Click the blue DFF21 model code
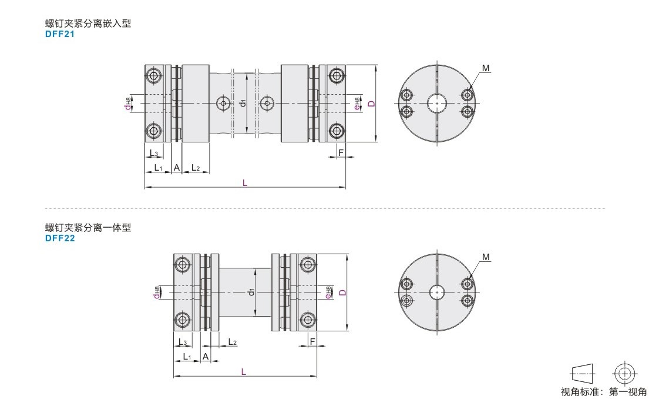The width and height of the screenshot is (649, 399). coord(60,34)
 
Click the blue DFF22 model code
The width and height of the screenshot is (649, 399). coord(60,238)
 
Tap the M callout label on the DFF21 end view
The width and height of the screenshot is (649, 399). coord(486,68)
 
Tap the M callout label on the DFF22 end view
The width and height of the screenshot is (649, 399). coord(486,257)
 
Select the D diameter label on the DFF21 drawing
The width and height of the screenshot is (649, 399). coord(372,103)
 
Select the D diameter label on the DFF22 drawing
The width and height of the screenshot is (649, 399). coord(342,292)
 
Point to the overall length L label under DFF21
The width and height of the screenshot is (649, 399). coord(245,183)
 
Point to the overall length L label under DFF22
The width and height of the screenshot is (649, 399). coord(243,372)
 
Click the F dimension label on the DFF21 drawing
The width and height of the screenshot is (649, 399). coord(341,152)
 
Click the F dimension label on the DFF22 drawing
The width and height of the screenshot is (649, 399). coord(312,342)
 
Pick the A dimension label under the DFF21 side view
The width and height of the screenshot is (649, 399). coord(177,168)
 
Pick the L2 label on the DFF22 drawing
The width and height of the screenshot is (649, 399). coord(232,342)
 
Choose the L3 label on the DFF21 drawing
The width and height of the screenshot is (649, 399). coord(153,154)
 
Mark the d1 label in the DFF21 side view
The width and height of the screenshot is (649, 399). coord(243,102)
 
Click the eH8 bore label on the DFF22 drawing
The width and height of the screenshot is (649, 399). coord(328,292)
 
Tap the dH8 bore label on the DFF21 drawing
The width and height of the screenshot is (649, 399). coord(128,103)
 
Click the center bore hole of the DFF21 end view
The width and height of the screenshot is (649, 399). coord(437,103)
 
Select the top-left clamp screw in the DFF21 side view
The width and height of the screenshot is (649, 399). coord(154,76)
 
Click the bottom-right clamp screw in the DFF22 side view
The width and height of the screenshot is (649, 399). coord(308,320)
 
